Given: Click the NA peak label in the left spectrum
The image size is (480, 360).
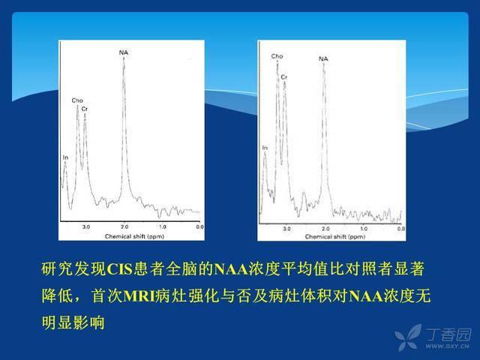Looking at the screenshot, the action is point(123,52).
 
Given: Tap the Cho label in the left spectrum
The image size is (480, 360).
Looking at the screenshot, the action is point(77,100).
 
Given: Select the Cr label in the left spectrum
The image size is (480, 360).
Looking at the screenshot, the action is point(85,109).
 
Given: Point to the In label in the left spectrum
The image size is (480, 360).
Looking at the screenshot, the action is point(65,157).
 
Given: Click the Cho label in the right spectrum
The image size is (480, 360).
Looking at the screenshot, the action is point(277,56).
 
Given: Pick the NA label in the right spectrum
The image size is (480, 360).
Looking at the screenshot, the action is point(323,58).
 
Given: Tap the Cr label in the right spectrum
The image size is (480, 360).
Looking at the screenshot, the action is point(284,77).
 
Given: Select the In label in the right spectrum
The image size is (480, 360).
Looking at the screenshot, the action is point(265,148).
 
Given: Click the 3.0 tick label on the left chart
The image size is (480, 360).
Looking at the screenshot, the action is point(86,226).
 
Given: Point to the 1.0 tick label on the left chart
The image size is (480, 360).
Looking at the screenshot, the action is point(163,226).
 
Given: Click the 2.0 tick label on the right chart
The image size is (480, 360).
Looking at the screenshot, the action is point(325,229).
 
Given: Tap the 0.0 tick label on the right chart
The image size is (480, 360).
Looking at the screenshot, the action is point(401,229).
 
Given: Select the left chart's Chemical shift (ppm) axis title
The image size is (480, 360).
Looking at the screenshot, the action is point(134,236).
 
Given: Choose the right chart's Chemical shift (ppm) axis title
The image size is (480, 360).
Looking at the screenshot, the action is point(335,237).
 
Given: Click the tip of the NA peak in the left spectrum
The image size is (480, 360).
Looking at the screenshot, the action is point(124,58).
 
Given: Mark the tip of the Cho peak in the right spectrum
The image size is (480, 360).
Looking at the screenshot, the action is point(277,61).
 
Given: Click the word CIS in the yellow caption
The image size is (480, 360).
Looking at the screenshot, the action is point(120,269).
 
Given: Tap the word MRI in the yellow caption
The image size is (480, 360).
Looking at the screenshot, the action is point(139,296).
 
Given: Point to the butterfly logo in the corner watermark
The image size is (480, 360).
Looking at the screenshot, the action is point(408,337).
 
